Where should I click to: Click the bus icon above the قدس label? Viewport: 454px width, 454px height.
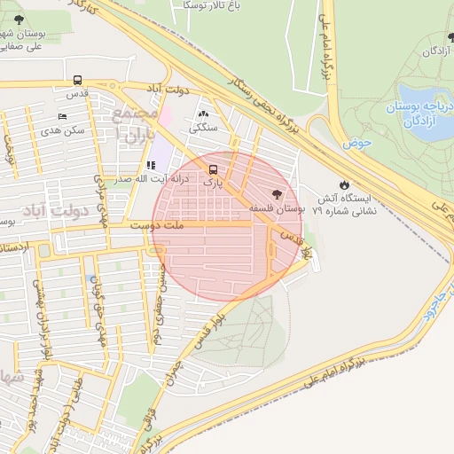[x=77, y=79]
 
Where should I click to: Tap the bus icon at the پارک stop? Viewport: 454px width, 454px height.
[x=212, y=168]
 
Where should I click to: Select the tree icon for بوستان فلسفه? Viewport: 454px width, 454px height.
[x=277, y=193]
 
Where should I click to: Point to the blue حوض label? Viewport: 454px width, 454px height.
[x=358, y=142]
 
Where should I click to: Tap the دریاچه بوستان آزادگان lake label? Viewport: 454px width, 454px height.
[x=419, y=113]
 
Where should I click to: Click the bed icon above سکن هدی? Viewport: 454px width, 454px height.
[x=61, y=117]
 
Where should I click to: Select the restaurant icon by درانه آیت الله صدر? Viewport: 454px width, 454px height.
[x=150, y=165]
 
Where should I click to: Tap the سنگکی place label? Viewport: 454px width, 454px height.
[x=203, y=128]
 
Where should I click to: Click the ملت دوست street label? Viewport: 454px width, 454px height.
[x=156, y=226]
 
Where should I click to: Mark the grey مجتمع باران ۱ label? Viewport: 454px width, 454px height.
[x=135, y=125]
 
